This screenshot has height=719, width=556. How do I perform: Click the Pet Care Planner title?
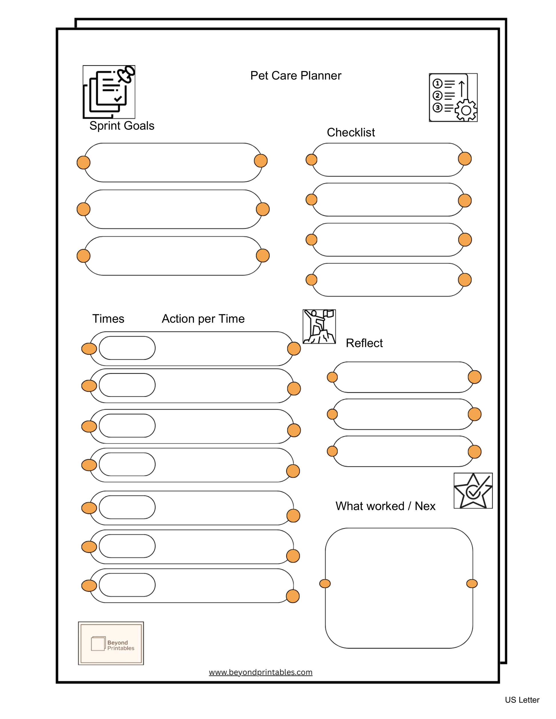coord(295,76)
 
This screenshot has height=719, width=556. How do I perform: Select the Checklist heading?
coord(351,132)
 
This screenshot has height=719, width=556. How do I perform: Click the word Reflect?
coord(364,343)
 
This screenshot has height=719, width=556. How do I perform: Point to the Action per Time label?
coord(203,319)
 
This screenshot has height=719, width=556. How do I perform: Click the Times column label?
coord(108,319)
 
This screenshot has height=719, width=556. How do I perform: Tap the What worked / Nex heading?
coord(385,506)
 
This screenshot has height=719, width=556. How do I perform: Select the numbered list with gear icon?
coord(453,97)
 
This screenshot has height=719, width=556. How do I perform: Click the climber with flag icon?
coord(319,327)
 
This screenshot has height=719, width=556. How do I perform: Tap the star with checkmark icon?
coord(473,491)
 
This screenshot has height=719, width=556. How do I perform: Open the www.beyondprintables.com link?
coord(261,672)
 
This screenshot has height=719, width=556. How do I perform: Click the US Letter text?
coord(522,700)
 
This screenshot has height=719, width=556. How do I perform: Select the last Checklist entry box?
coord(388,280)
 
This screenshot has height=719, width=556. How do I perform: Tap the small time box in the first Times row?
coord(127,348)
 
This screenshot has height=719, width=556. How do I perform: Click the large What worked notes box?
coord(399,588)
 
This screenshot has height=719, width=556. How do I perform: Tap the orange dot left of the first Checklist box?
coord(311,160)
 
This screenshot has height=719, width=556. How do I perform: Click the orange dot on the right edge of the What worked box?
coord(472,584)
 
